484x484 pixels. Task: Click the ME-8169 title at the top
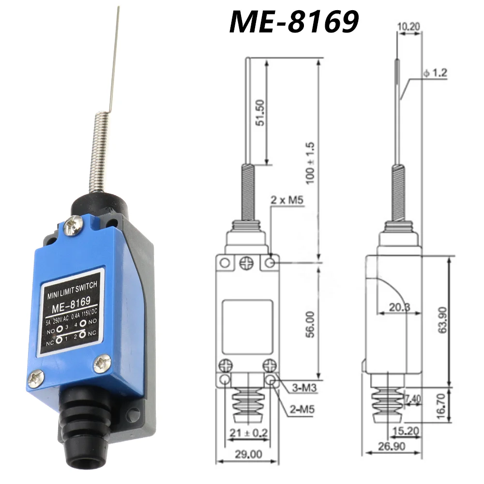pos(294,22)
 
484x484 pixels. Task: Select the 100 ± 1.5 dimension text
pos(311,162)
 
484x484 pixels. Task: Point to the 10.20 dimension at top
pos(408,26)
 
